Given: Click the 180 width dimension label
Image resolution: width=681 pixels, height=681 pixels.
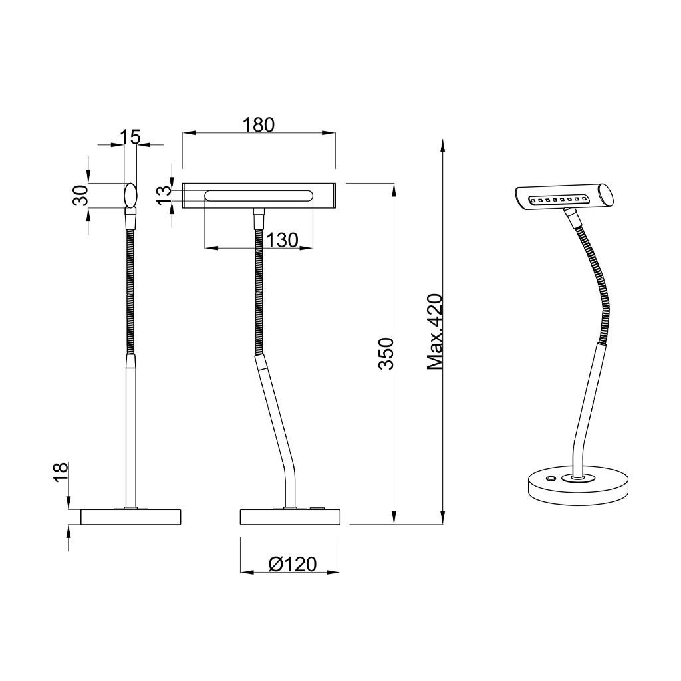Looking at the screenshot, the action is click(259, 124).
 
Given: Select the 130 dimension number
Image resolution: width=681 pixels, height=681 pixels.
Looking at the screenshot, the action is click(282, 239).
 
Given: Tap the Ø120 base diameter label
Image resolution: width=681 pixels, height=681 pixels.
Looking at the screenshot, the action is click(293, 564).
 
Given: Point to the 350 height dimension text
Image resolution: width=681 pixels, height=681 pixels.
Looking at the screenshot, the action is click(386, 354).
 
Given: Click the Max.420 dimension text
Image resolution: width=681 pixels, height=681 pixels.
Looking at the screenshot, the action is click(434, 332).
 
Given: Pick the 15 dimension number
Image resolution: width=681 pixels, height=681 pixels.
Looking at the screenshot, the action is click(130, 137).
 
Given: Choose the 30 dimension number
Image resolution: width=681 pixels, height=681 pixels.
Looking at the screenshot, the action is click(81, 195).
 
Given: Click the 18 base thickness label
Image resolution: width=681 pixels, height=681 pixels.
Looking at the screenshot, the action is click(61, 473).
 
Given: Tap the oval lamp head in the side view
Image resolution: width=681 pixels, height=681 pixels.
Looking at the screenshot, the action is click(130, 195).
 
